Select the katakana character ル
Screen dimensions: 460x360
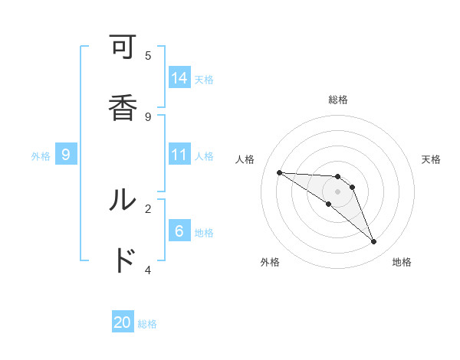tap(123, 200)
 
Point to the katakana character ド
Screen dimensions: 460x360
tap(123, 260)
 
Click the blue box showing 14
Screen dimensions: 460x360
tap(179, 78)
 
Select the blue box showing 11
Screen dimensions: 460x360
tap(179, 155)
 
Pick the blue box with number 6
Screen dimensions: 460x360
tap(179, 231)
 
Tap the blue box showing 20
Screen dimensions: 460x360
tap(123, 322)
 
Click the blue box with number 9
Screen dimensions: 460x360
tap(66, 155)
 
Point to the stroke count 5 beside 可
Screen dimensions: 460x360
tap(148, 55)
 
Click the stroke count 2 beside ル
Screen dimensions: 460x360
tap(148, 208)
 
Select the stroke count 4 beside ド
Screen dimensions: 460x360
tap(148, 269)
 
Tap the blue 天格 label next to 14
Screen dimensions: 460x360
tap(204, 79)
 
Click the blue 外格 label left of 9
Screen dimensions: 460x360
tap(41, 155)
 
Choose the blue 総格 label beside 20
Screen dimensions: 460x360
tap(147, 324)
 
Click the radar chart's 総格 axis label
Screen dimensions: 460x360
tap(337, 100)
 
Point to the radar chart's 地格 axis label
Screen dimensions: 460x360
tap(402, 262)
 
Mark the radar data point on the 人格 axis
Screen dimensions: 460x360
tap(279, 172)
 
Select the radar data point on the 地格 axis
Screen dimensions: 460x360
tap(374, 242)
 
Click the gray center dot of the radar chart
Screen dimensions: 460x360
tap(337, 191)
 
